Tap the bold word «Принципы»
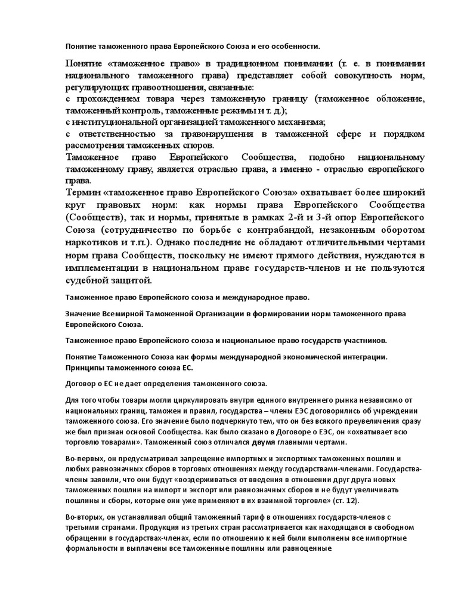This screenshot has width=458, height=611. pos(85,368)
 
